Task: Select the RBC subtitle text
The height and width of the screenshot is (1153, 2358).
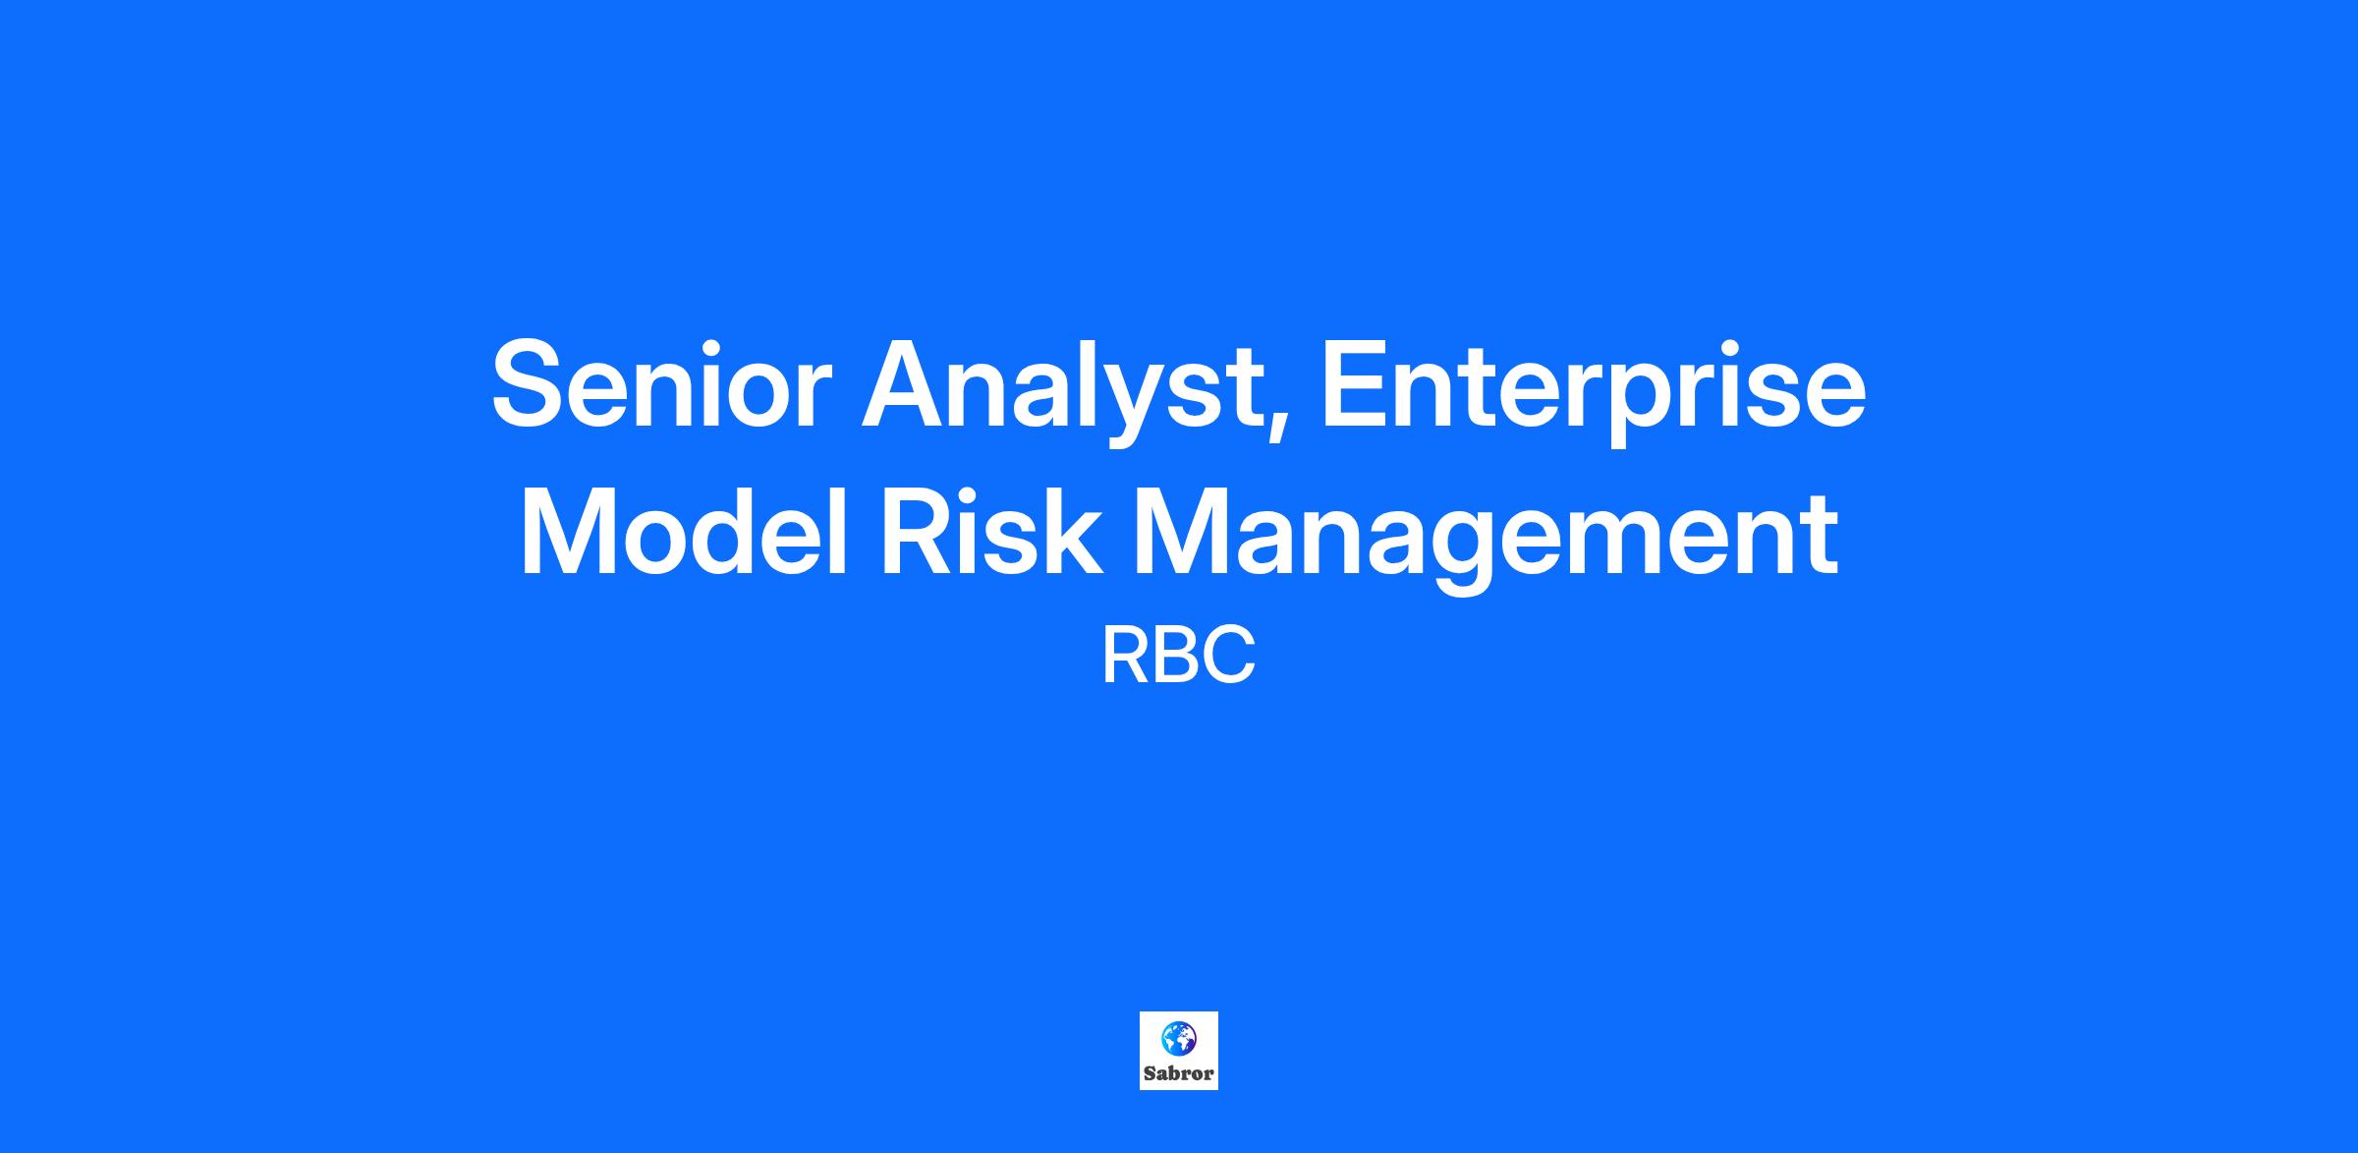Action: (1178, 657)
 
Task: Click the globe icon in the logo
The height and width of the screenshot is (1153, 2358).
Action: (1178, 1037)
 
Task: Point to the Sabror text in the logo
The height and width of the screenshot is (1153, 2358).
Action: (1178, 1073)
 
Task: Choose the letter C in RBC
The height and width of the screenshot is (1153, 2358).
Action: (1231, 657)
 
